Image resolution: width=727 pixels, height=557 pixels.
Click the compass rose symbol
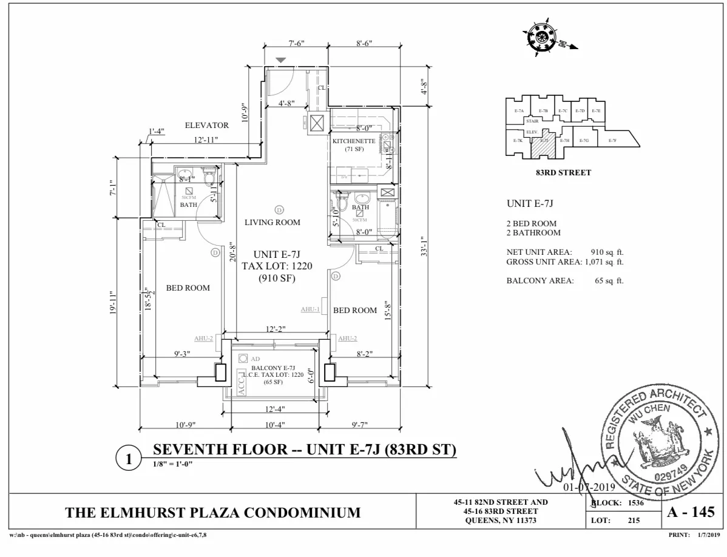point(539,39)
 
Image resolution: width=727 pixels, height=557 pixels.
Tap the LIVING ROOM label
point(272,223)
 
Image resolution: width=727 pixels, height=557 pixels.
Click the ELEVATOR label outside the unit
point(207,126)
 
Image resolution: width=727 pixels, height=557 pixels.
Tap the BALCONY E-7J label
point(273,368)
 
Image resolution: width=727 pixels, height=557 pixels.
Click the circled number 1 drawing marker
point(128,459)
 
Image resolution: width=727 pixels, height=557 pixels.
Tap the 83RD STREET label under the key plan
point(563,173)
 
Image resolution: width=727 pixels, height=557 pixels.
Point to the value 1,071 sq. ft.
point(604,262)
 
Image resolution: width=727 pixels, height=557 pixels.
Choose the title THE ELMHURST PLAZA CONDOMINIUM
point(212,513)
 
